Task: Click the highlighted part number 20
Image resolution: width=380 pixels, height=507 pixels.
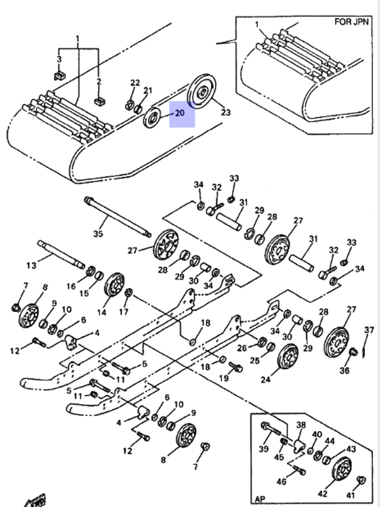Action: point(180,113)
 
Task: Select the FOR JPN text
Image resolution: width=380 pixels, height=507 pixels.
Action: point(351,22)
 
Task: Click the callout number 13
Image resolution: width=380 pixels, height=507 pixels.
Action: point(32,265)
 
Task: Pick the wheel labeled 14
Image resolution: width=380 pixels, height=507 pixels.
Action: point(114,284)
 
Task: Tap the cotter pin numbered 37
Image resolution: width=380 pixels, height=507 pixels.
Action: point(365,348)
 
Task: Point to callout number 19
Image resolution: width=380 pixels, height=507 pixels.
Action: point(224,378)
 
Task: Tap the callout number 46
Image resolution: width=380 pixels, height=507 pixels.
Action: point(281,482)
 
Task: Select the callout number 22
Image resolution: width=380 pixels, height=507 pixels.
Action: point(135,83)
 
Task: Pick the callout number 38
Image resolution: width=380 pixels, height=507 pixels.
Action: point(301,425)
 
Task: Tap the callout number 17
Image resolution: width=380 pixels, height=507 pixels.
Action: point(123,312)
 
